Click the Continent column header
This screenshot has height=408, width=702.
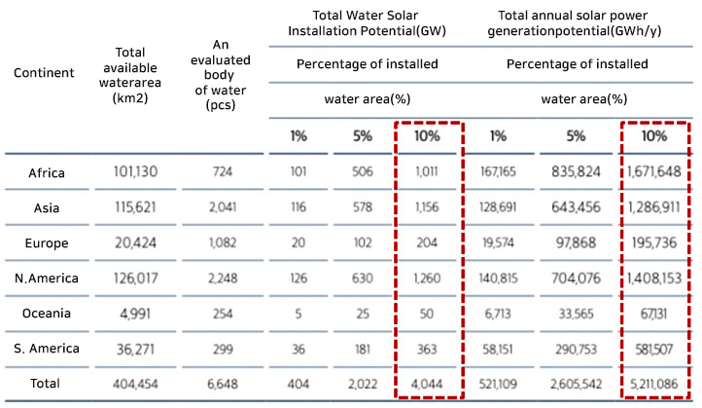pos(43,71)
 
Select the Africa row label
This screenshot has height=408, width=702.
pos(45,173)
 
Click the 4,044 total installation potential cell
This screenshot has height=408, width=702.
pos(427,384)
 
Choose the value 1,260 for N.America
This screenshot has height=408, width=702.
pos(427,278)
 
